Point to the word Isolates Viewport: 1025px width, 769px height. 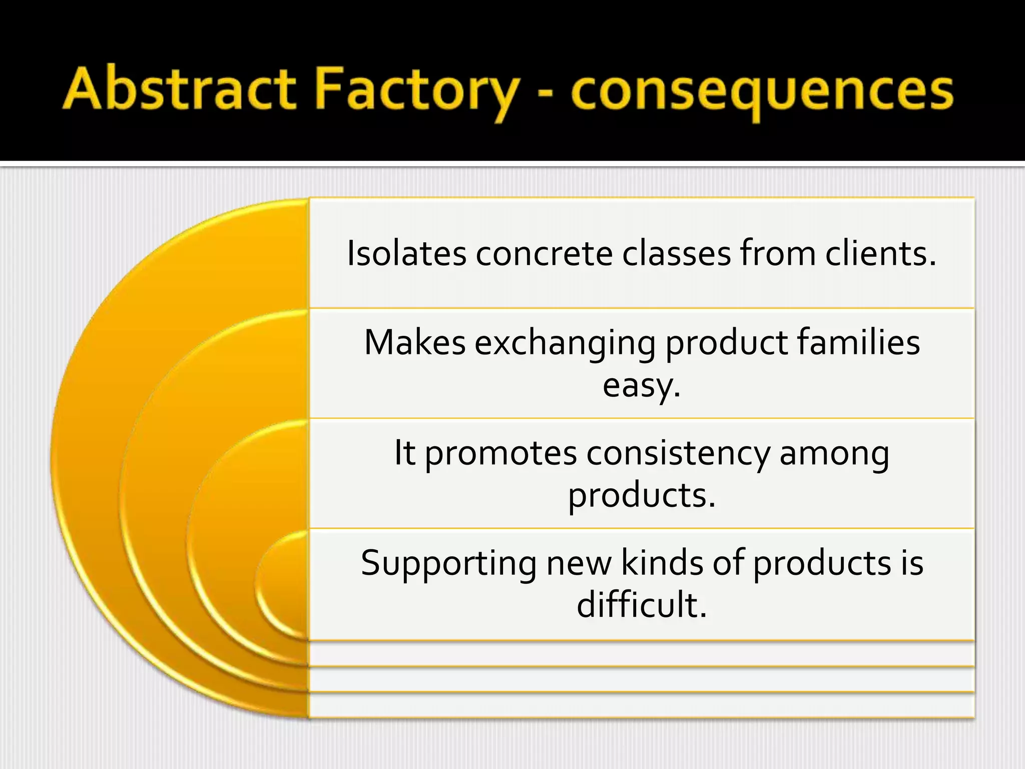[x=406, y=253]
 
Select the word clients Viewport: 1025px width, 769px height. [x=880, y=253]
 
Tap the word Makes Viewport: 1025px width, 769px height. [x=415, y=343]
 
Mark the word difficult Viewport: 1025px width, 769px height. [x=641, y=605]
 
